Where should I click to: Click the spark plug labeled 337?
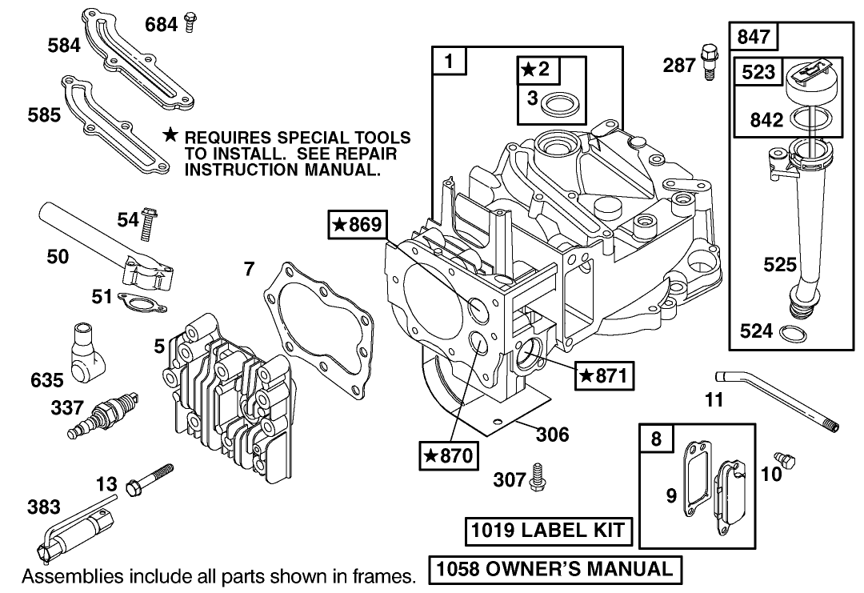(102, 415)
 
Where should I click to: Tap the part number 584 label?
(64, 45)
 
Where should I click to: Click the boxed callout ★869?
(356, 226)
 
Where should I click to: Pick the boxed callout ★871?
(604, 374)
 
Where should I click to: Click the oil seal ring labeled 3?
(552, 102)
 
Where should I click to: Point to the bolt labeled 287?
(708, 61)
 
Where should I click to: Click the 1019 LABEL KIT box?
(549, 530)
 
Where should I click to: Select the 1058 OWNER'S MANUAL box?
(555, 569)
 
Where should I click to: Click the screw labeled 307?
(538, 478)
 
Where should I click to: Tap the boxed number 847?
(753, 37)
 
